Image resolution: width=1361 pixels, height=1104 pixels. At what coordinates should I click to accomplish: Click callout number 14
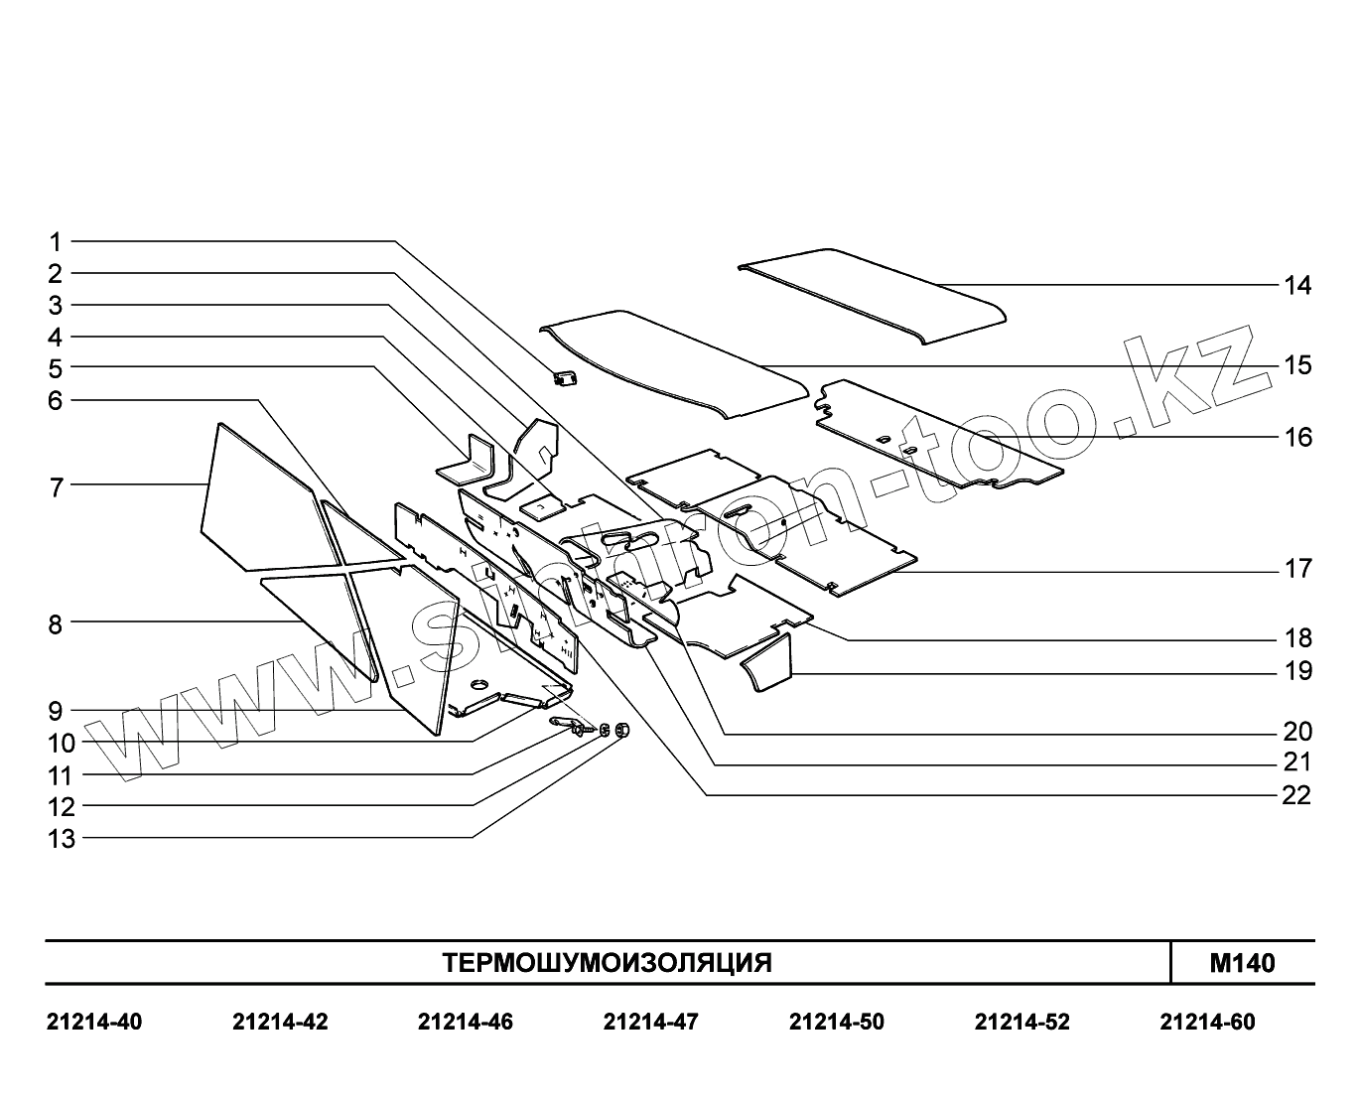(x=1296, y=286)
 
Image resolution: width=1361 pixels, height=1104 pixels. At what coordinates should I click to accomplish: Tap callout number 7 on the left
(x=56, y=487)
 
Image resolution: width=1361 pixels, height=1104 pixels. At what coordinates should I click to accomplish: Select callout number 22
(x=1296, y=795)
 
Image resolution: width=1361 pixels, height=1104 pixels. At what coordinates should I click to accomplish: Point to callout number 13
(x=62, y=839)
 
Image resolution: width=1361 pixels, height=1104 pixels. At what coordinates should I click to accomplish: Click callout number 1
(x=56, y=241)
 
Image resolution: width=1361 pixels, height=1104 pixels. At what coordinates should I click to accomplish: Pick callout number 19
(x=1296, y=671)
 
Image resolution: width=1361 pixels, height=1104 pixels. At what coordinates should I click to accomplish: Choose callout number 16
(x=1296, y=437)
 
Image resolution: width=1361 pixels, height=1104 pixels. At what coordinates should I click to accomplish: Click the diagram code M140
(x=1242, y=963)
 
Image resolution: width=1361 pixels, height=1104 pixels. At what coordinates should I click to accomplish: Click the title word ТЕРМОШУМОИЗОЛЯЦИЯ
(x=607, y=963)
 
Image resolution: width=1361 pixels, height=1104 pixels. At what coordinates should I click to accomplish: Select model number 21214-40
(x=94, y=1022)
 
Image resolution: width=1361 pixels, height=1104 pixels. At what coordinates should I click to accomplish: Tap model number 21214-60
(x=1207, y=1022)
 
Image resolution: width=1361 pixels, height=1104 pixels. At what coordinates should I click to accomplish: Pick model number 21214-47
(x=650, y=1022)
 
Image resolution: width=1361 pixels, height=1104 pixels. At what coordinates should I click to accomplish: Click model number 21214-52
(x=1021, y=1022)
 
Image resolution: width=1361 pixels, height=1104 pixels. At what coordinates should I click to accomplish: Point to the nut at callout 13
(x=622, y=731)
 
